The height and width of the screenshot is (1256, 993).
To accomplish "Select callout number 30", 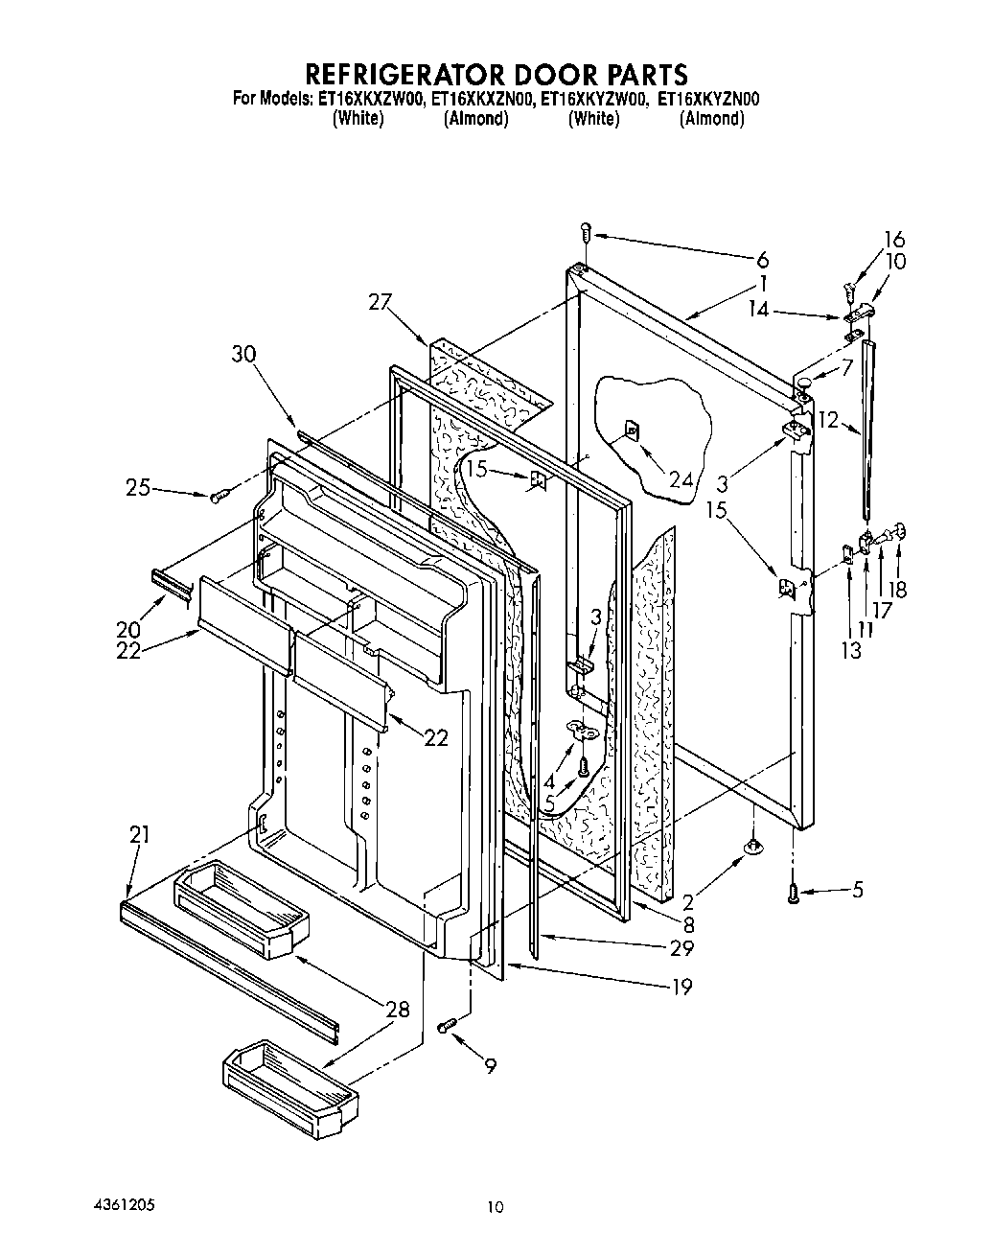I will coord(243,354).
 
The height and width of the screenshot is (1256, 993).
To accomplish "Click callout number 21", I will coord(139,835).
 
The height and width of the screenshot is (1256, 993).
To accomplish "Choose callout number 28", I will coord(397,1009).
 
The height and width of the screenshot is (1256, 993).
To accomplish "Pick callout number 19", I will coord(681,986).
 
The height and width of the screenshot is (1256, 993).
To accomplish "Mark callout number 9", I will coord(490,1064).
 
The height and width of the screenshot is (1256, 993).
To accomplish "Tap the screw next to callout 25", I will coord(218,495).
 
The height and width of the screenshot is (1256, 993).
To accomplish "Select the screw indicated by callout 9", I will coord(446,1027).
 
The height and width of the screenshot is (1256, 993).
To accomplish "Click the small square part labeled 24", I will coord(631,430).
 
